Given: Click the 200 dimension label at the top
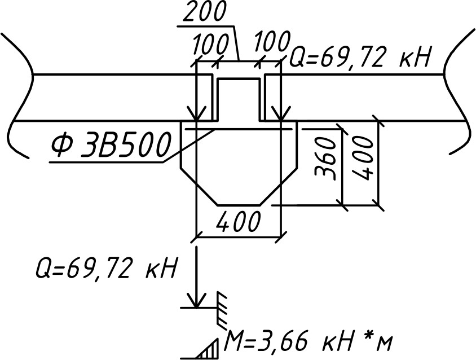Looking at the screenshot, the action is [x=205, y=12].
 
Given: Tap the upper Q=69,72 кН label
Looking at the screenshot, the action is [x=360, y=57].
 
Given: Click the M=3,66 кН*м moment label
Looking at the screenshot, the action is [x=307, y=343].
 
